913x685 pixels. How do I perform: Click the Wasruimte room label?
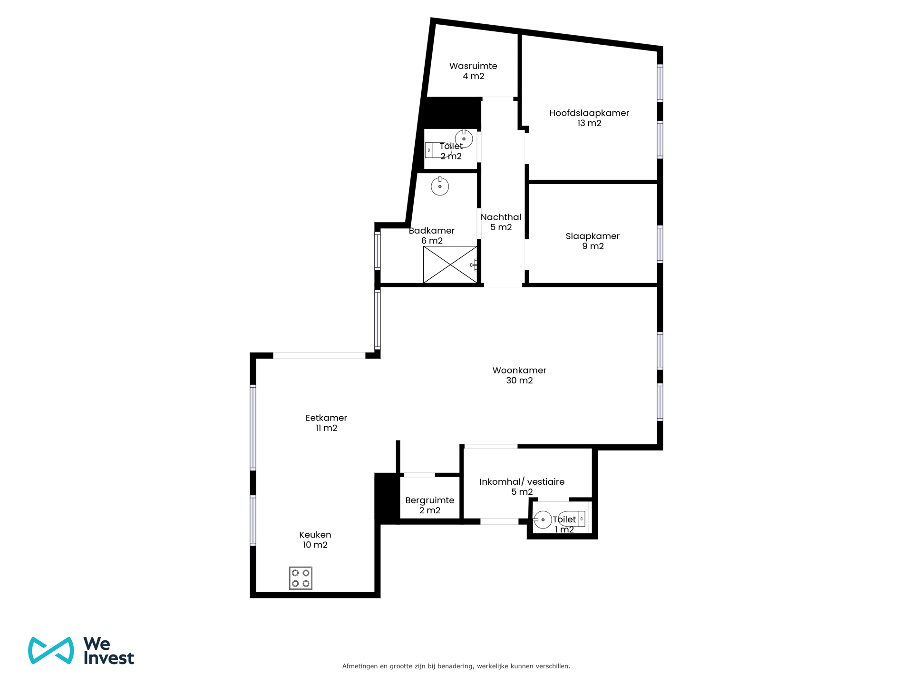[x=473, y=71]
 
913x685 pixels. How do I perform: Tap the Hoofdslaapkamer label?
[x=589, y=118]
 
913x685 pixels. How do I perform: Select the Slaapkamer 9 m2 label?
[x=592, y=241]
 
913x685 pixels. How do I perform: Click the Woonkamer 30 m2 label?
[x=519, y=375]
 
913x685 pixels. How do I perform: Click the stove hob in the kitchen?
[x=301, y=578]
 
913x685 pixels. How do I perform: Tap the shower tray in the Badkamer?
[x=450, y=264]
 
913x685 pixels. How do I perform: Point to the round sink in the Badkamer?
[x=440, y=186]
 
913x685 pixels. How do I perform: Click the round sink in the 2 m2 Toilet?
[x=464, y=138]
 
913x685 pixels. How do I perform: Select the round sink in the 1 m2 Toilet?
[x=542, y=519]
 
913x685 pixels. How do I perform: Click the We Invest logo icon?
[x=51, y=650]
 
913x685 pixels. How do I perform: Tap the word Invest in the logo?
[x=109, y=658]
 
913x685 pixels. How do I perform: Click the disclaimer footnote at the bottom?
[x=456, y=666]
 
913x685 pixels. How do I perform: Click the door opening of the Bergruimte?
[x=419, y=475]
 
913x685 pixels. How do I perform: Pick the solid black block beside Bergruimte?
[x=387, y=498]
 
